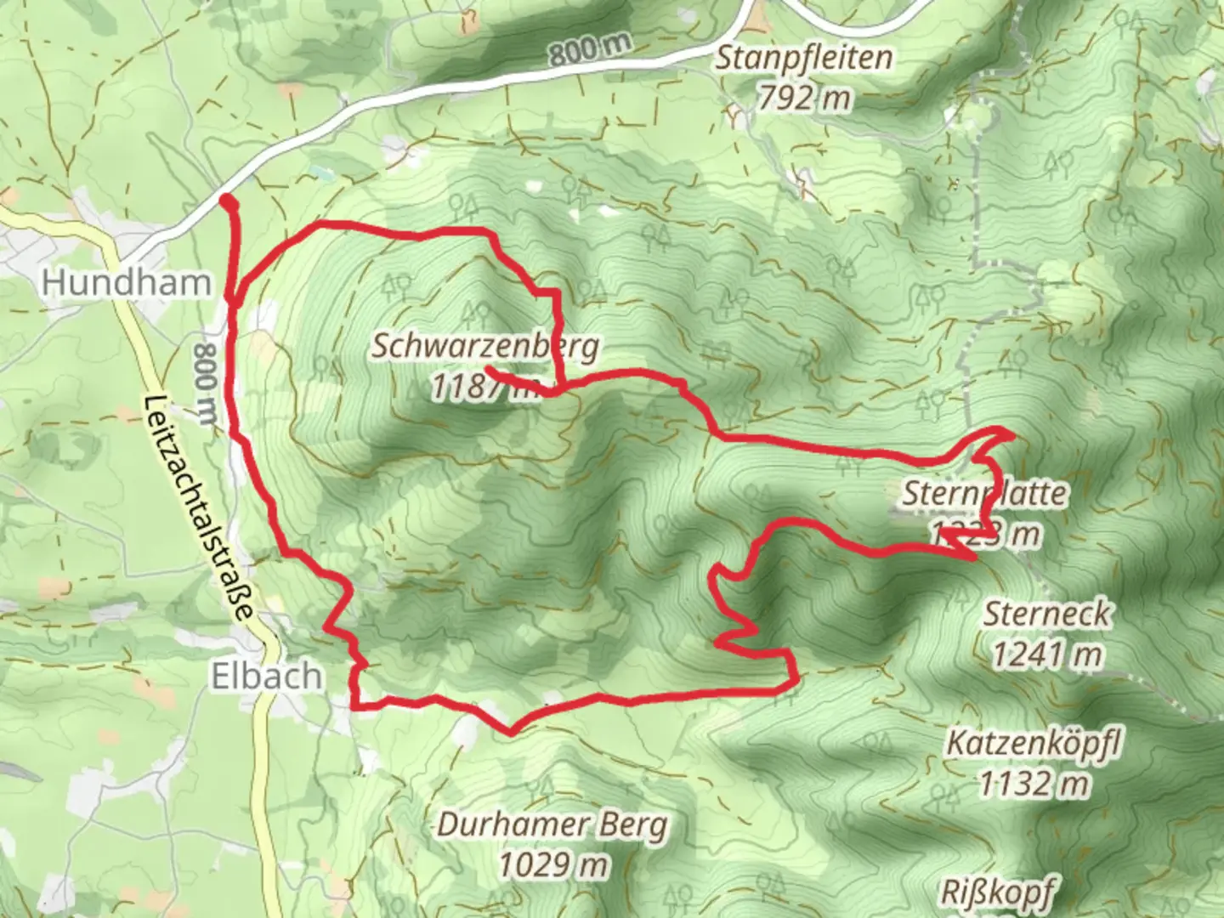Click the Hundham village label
click(126, 282)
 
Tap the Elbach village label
click(255, 677)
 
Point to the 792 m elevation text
click(804, 99)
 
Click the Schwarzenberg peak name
click(485, 346)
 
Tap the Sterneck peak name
click(1047, 614)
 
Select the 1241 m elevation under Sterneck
click(1047, 654)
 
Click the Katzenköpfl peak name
click(1034, 744)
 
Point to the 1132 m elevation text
click(1034, 783)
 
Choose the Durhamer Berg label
click(552, 824)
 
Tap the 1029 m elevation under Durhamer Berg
click(552, 864)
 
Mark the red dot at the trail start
click(228, 201)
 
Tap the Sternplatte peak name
click(984, 493)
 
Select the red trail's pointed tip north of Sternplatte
click(1011, 434)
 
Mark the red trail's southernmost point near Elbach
click(511, 732)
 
